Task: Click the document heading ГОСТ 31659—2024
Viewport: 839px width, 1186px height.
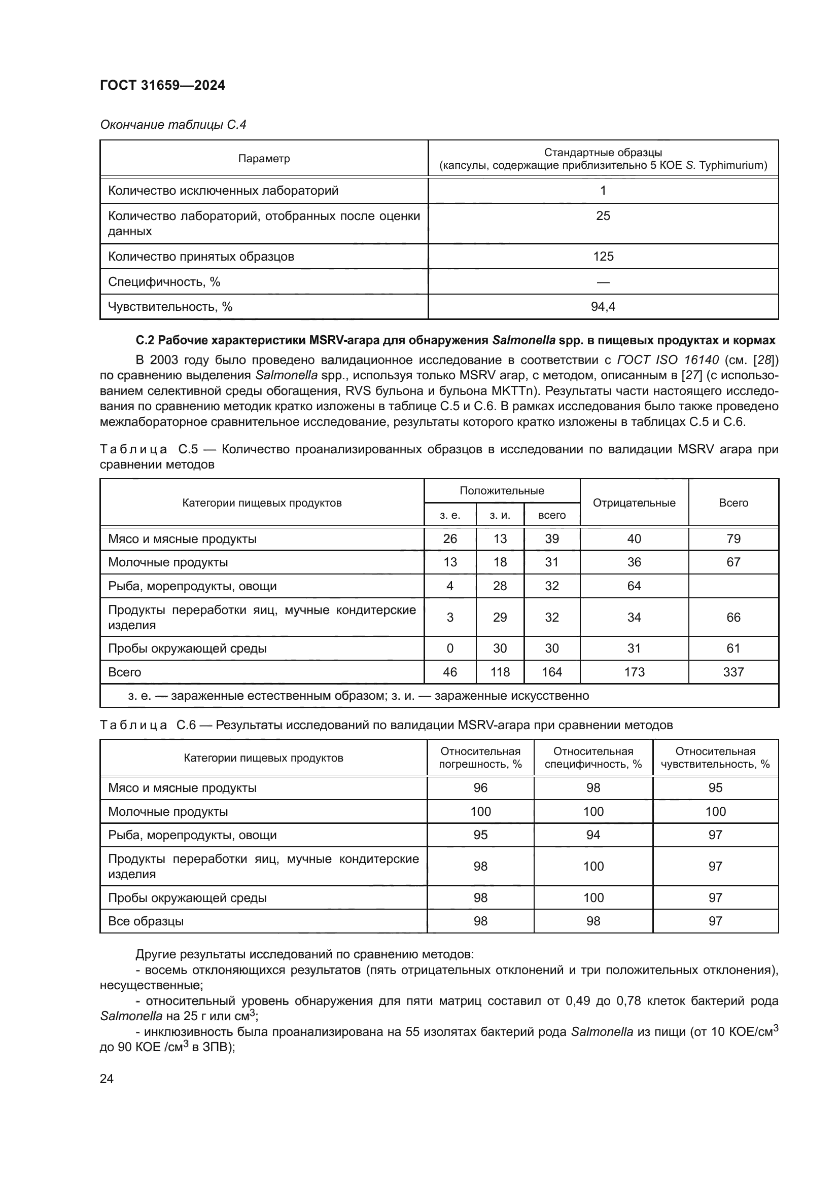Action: [x=162, y=86]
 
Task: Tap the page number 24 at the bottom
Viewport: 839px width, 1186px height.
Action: [x=107, y=1079]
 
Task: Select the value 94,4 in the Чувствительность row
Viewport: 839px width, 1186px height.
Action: [x=603, y=307]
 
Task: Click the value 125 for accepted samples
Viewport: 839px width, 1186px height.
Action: [x=603, y=257]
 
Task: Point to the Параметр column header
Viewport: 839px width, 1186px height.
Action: [x=264, y=159]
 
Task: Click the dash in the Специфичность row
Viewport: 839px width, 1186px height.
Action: [x=603, y=282]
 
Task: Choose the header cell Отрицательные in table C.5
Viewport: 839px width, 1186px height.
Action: [x=634, y=502]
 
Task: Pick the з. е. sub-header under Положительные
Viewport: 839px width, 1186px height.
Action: [x=449, y=515]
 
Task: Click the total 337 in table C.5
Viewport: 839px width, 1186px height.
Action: [x=733, y=672]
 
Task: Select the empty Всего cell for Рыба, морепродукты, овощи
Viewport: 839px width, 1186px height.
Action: [x=733, y=586]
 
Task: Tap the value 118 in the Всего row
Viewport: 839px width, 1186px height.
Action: [x=500, y=672]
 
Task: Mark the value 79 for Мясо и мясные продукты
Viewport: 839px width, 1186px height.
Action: [x=733, y=539]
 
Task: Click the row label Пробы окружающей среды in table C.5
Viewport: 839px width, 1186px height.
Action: [x=187, y=649]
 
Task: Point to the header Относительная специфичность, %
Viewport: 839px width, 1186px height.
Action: [x=593, y=758]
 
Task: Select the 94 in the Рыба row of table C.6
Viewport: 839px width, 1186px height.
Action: [x=593, y=835]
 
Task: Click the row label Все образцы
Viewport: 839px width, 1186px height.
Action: [x=146, y=921]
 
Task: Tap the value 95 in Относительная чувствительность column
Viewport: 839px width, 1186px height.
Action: [x=715, y=788]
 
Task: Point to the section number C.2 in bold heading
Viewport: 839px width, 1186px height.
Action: [x=145, y=340]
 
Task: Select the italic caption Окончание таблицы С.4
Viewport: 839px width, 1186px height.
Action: [x=173, y=125]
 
